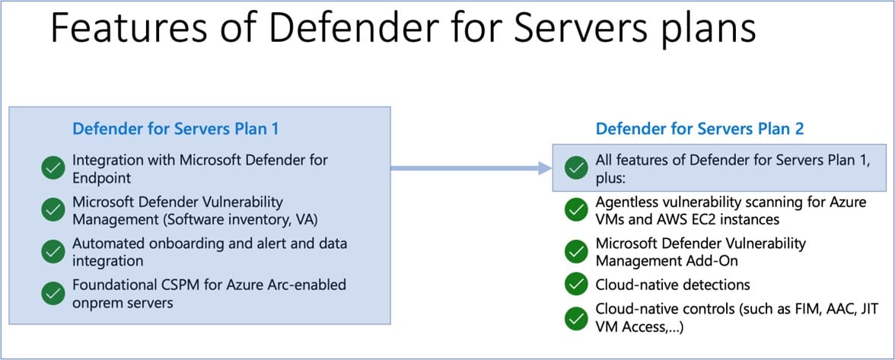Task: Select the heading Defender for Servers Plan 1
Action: pyautogui.click(x=176, y=129)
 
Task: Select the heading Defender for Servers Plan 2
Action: pyautogui.click(x=699, y=129)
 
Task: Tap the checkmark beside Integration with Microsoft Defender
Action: pyautogui.click(x=53, y=168)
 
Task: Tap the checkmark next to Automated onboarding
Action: pyautogui.click(x=53, y=251)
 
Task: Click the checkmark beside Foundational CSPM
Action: pyautogui.click(x=53, y=292)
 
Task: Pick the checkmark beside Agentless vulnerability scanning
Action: pyautogui.click(x=575, y=210)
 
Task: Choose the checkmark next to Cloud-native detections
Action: pyautogui.click(x=575, y=284)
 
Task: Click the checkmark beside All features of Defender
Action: pyautogui.click(x=575, y=168)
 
